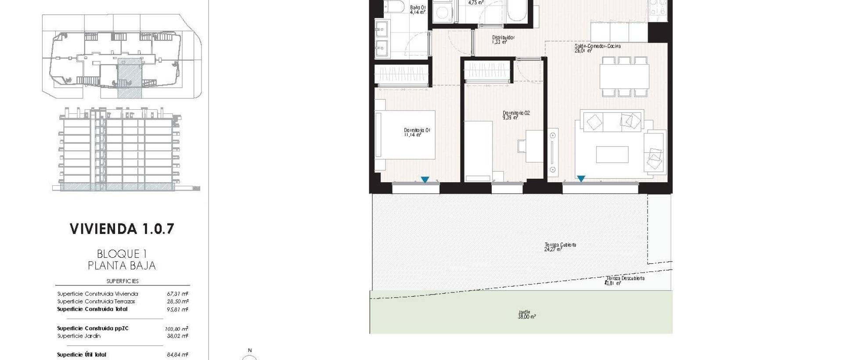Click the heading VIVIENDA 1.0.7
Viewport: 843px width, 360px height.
click(122, 229)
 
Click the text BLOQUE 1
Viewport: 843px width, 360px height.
click(122, 254)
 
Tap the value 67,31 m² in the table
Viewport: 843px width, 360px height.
click(177, 294)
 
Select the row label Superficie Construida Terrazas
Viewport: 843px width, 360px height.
click(96, 302)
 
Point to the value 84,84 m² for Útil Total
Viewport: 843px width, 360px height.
click(177, 355)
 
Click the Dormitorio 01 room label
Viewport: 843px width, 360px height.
click(417, 132)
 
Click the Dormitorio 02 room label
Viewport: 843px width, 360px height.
click(516, 115)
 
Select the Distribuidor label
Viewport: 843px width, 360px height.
click(503, 40)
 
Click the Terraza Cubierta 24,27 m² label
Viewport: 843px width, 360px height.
click(560, 247)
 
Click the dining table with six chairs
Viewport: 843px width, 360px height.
click(625, 76)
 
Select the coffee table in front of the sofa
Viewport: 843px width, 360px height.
click(612, 155)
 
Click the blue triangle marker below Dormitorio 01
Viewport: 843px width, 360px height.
click(425, 180)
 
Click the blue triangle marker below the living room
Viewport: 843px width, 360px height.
click(581, 179)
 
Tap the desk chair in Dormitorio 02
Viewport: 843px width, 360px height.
click(522, 146)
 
